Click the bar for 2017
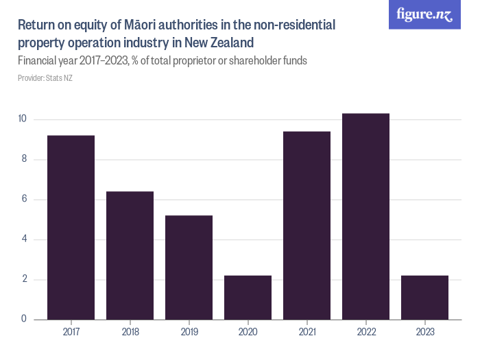tap(71, 227)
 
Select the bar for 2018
tap(130, 255)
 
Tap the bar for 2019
tap(189, 267)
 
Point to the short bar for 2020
tap(248, 298)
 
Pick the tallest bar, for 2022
tap(365, 216)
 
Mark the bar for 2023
tap(424, 298)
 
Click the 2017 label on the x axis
tap(71, 332)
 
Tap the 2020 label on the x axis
tap(248, 332)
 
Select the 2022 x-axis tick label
tap(365, 332)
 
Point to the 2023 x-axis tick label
tap(424, 332)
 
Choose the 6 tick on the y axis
tap(24, 200)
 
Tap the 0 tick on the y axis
tap(24, 320)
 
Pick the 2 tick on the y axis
tap(24, 280)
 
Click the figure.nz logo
tap(425, 14)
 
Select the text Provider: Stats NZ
tap(45, 78)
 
